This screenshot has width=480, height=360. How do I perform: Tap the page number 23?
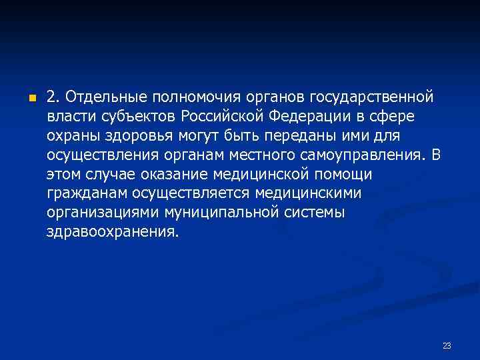point(447,345)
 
